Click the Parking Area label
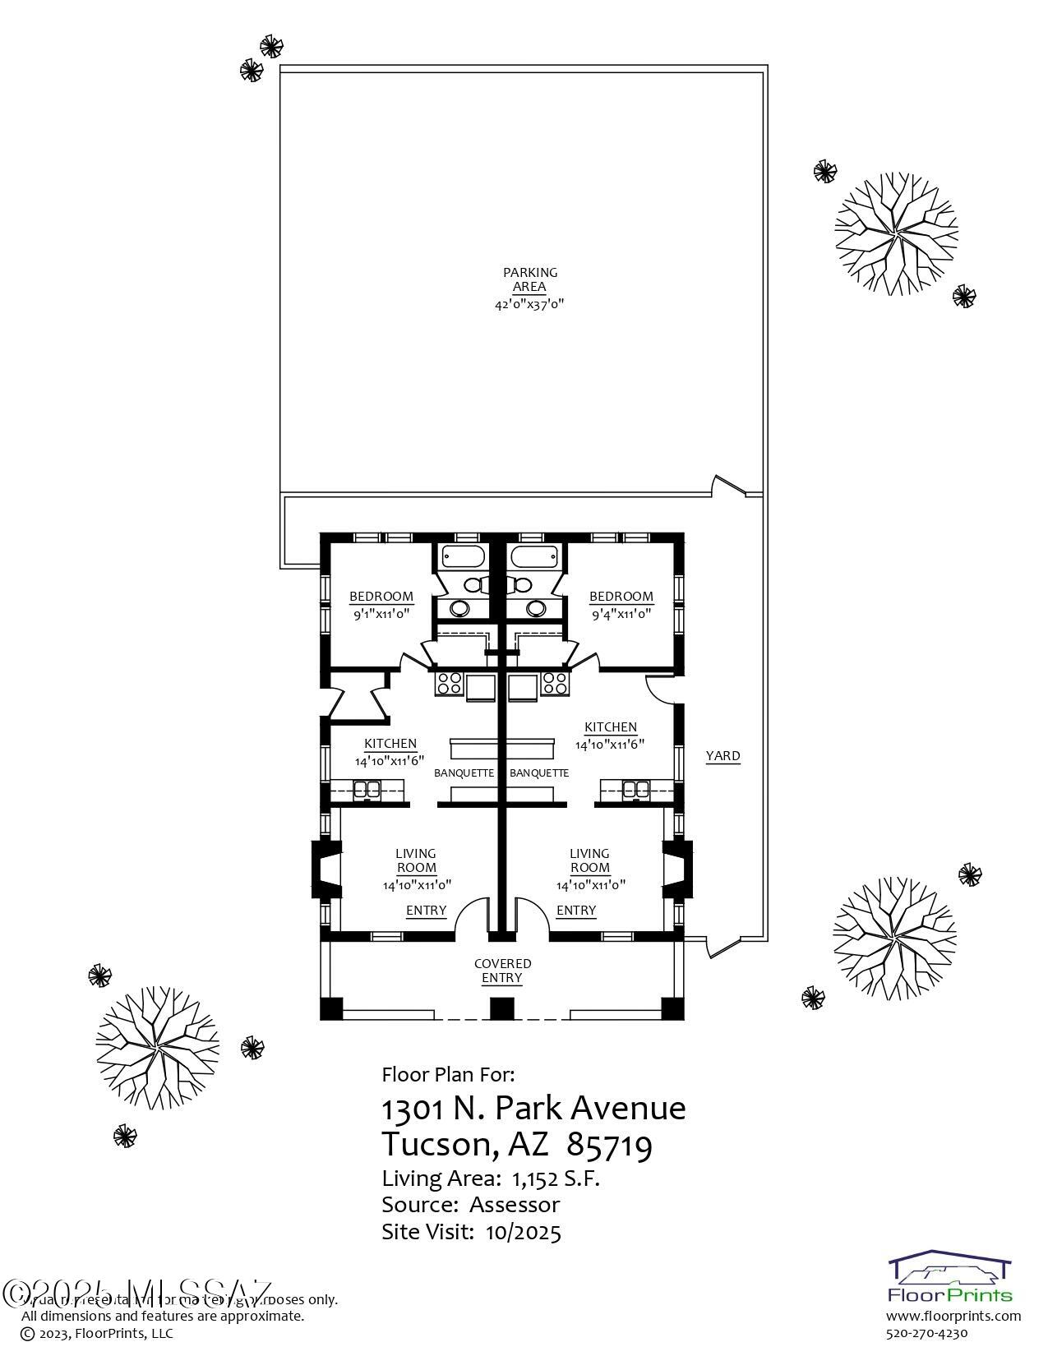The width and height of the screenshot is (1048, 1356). click(x=529, y=279)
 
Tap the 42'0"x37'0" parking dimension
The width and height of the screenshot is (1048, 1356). click(x=529, y=304)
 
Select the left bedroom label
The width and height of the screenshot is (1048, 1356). click(x=381, y=597)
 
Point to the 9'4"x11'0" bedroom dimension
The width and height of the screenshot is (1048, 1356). click(x=621, y=613)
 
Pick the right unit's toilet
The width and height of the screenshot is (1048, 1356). click(x=520, y=584)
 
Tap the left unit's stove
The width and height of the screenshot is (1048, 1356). click(x=450, y=683)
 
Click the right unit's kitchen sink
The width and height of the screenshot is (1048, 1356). click(x=635, y=790)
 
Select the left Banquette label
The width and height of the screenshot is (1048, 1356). click(x=464, y=773)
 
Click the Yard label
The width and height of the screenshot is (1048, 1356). click(x=723, y=756)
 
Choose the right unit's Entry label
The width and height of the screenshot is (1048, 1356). click(x=576, y=911)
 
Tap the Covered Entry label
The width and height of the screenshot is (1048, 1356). click(x=502, y=971)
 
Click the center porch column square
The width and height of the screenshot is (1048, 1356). click(x=501, y=1008)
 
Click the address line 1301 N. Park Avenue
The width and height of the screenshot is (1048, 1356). click(x=533, y=1109)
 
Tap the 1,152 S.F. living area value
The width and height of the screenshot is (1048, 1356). click(x=556, y=1178)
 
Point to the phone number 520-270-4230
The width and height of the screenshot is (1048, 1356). click(x=927, y=1333)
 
